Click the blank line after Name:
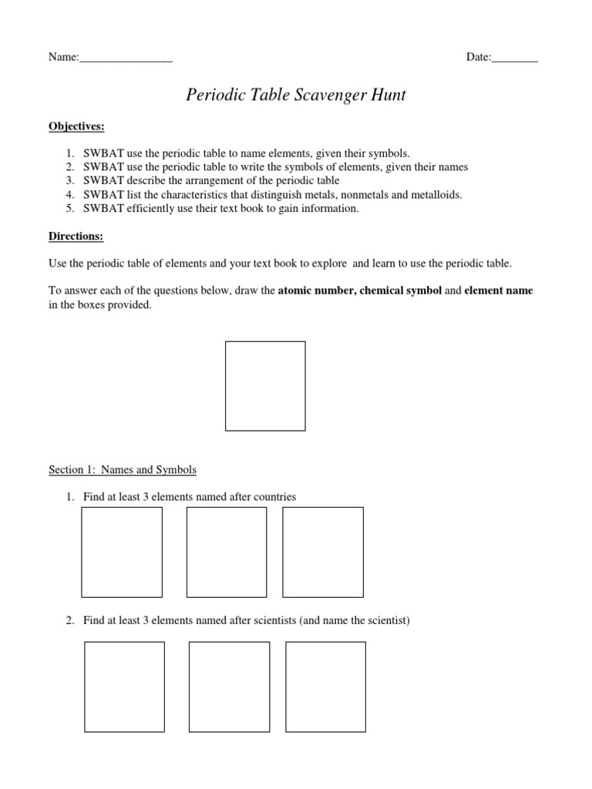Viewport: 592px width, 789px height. [x=126, y=58]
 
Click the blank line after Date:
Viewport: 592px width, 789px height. [x=514, y=58]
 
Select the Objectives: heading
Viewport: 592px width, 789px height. [x=76, y=126]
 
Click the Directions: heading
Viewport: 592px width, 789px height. [x=76, y=236]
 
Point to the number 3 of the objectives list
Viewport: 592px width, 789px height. [x=69, y=181]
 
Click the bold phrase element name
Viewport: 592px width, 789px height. [x=498, y=291]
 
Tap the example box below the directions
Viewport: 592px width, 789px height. [x=264, y=386]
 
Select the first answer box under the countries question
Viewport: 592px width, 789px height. [x=122, y=552]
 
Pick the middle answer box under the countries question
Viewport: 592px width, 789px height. [x=227, y=552]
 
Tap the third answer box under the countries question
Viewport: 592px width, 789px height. [x=322, y=552]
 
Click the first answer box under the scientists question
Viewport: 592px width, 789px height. [x=124, y=687]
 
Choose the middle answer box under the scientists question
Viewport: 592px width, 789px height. [x=229, y=687]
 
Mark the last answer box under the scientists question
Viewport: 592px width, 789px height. [x=325, y=687]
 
